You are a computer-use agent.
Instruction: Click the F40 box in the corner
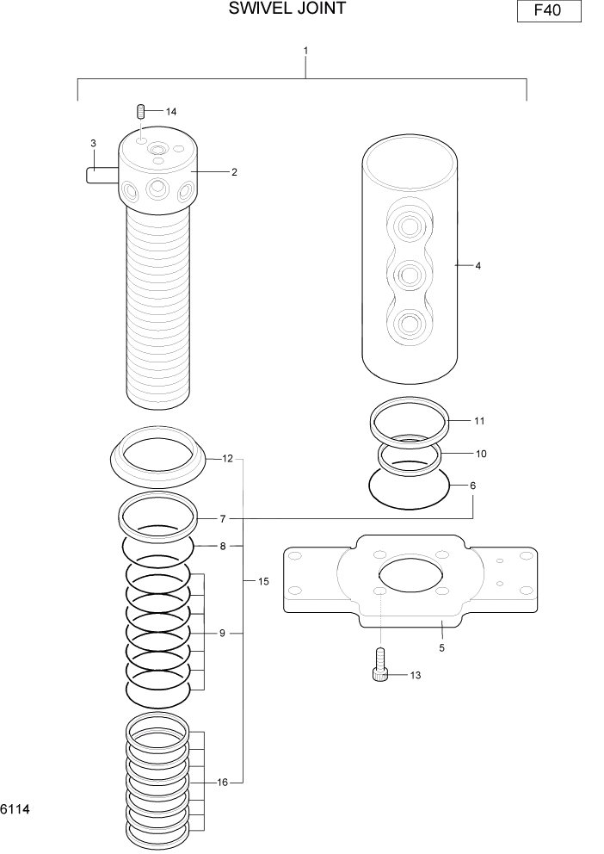tap(549, 11)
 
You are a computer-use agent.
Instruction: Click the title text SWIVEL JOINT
tap(287, 9)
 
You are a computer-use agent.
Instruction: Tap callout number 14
tap(171, 112)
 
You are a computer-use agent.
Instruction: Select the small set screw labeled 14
tap(141, 111)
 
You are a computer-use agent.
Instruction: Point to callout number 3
tap(93, 143)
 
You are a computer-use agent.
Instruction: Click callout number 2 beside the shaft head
tap(234, 172)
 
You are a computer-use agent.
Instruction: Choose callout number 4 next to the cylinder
tap(478, 266)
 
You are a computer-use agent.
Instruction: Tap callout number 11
tap(479, 421)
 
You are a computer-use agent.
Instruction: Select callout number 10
tap(481, 453)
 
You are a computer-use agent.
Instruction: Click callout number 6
tap(472, 486)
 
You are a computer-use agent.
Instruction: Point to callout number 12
tap(228, 459)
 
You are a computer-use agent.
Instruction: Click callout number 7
tap(223, 519)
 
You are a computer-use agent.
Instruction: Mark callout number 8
tap(223, 546)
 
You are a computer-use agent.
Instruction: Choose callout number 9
tap(222, 633)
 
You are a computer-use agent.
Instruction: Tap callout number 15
tap(263, 582)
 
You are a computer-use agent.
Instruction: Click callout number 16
tap(223, 783)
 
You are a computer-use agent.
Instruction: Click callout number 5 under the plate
tap(441, 647)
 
